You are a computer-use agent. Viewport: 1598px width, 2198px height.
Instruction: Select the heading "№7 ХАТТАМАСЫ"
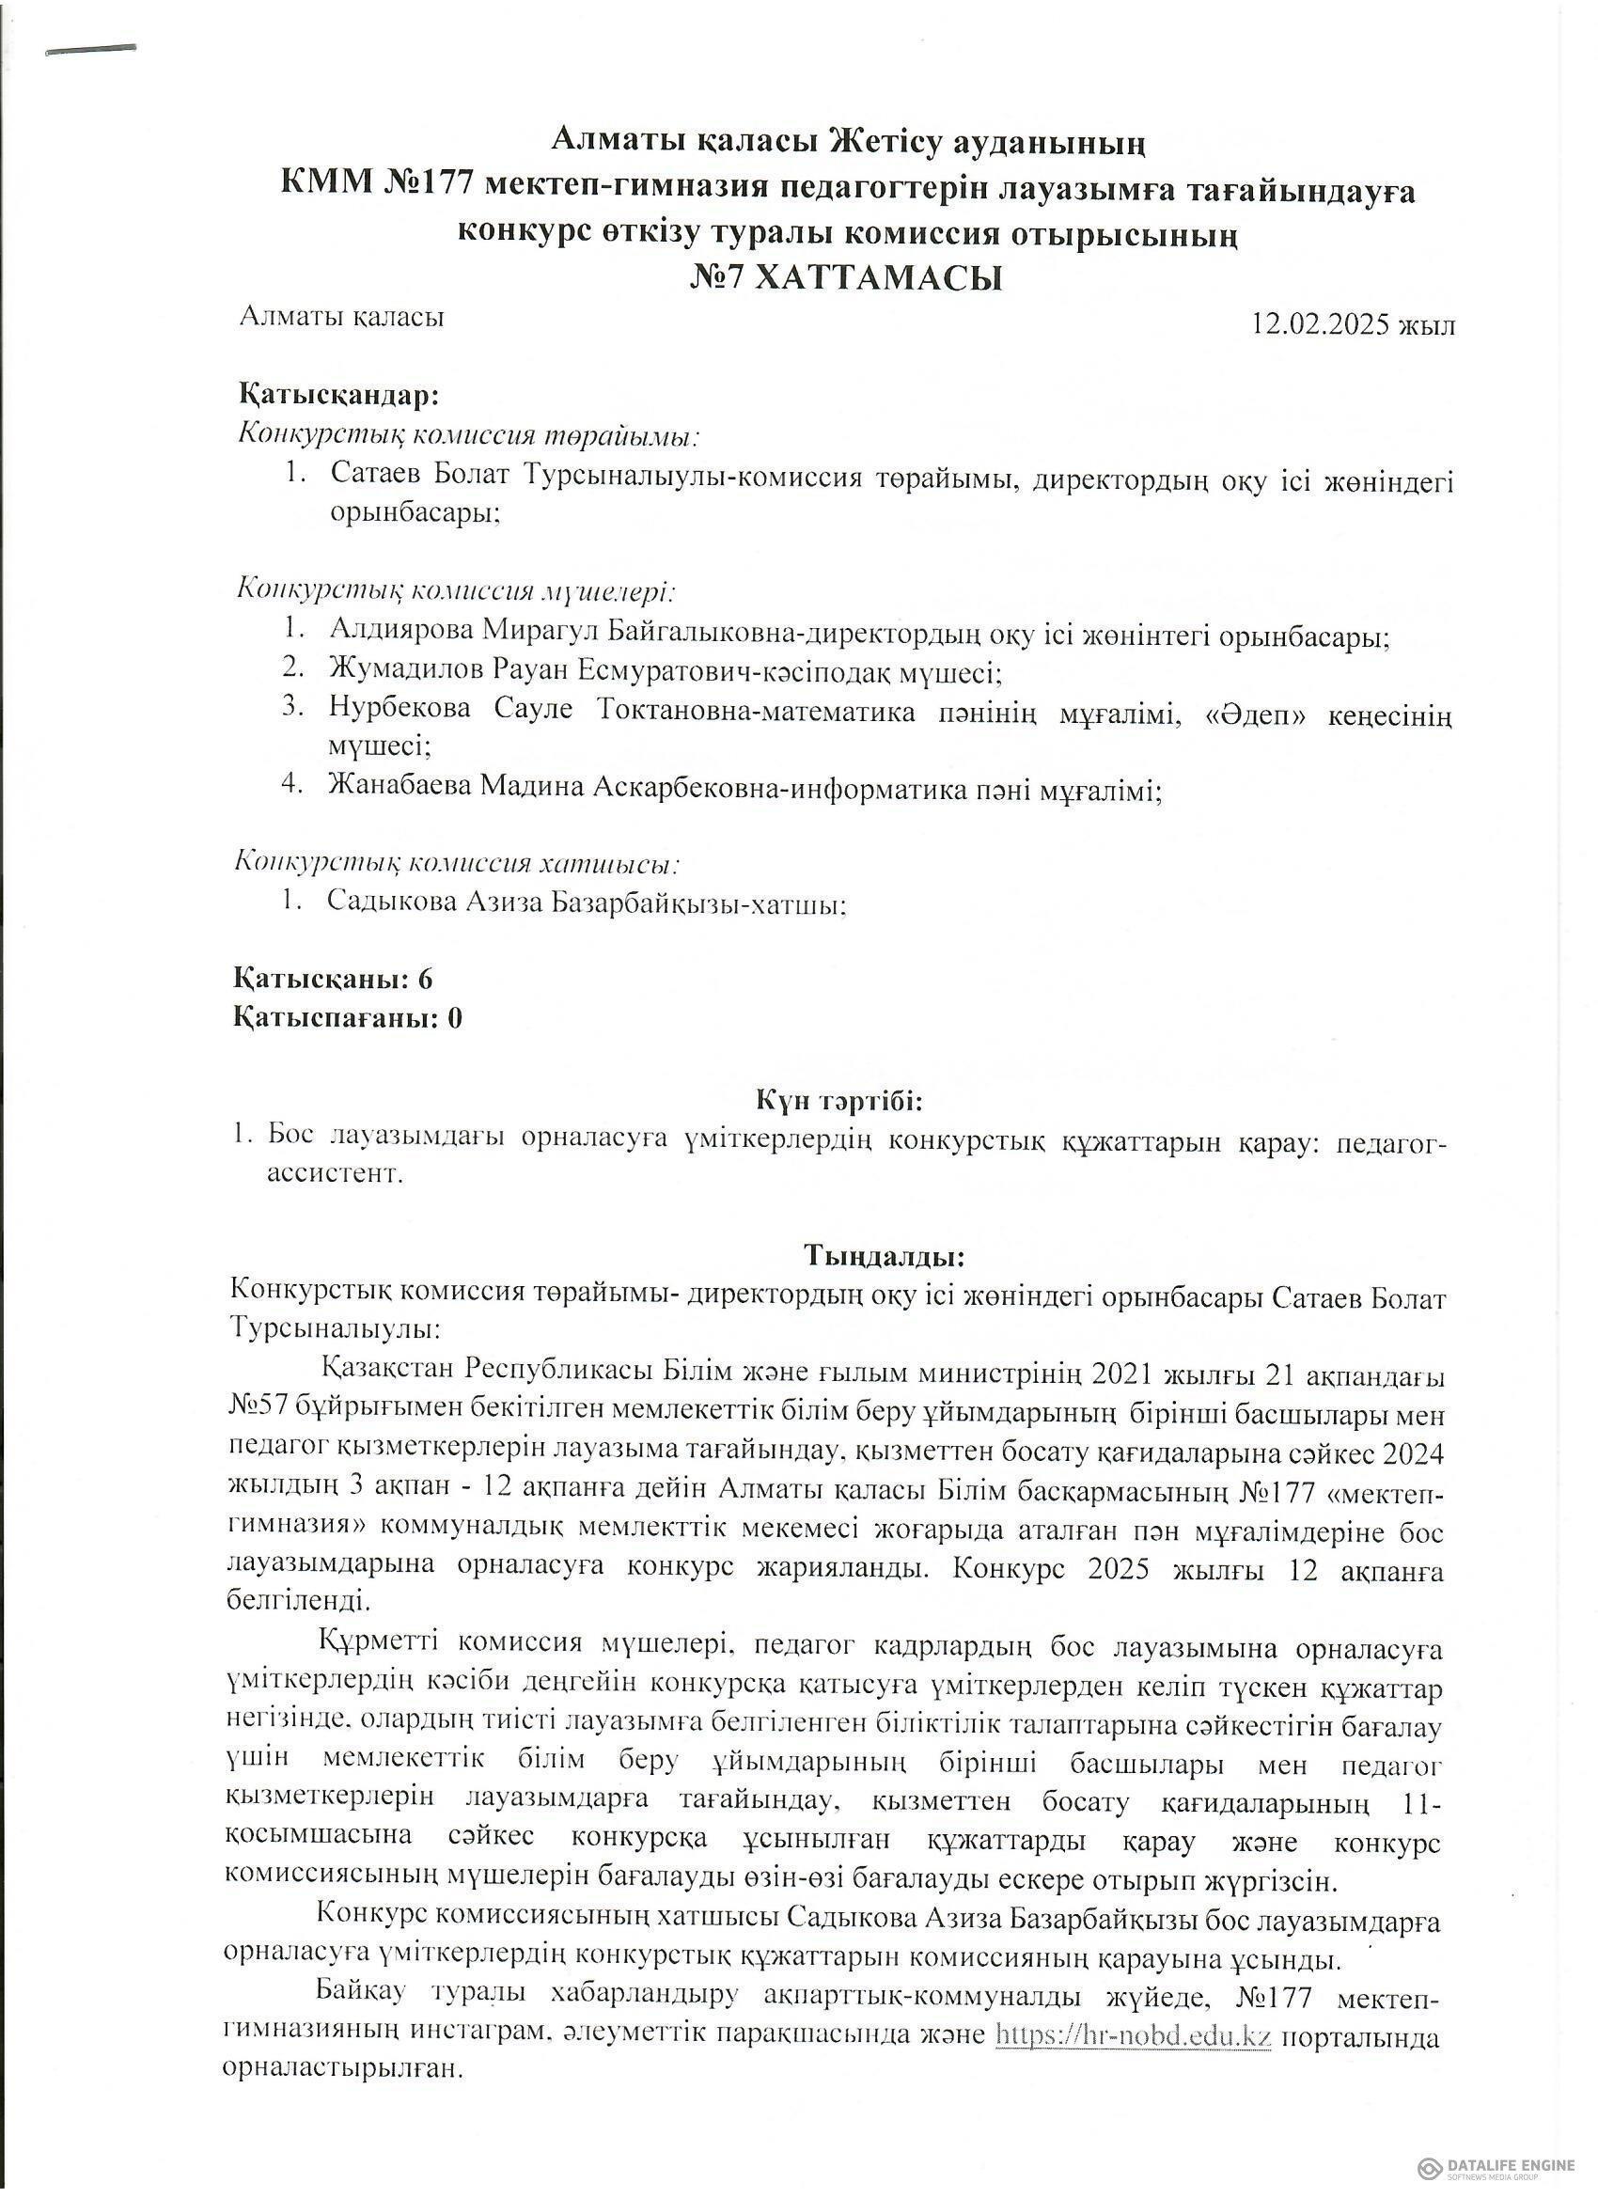point(845,279)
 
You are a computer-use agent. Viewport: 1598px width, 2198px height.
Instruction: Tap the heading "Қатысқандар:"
point(338,397)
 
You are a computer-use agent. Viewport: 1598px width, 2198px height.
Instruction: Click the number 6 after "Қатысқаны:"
point(425,979)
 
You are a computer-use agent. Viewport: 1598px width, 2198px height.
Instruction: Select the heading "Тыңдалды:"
point(884,1257)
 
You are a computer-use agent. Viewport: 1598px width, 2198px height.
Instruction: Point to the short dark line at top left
point(90,49)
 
